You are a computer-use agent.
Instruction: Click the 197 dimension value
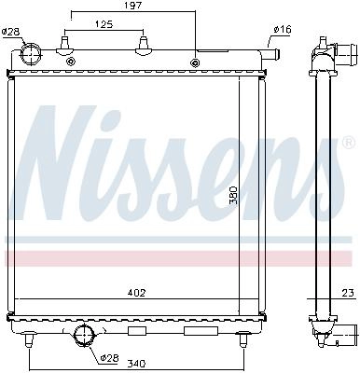133,6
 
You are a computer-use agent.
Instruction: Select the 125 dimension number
104,24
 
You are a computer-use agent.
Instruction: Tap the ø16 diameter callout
283,30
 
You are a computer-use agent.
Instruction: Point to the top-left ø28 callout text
10,32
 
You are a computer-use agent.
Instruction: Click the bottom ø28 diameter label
110,358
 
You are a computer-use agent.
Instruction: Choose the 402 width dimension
137,293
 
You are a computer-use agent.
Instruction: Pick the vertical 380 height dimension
233,195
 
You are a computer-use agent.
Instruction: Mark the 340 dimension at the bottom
137,363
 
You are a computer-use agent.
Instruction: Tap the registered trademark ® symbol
349,143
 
